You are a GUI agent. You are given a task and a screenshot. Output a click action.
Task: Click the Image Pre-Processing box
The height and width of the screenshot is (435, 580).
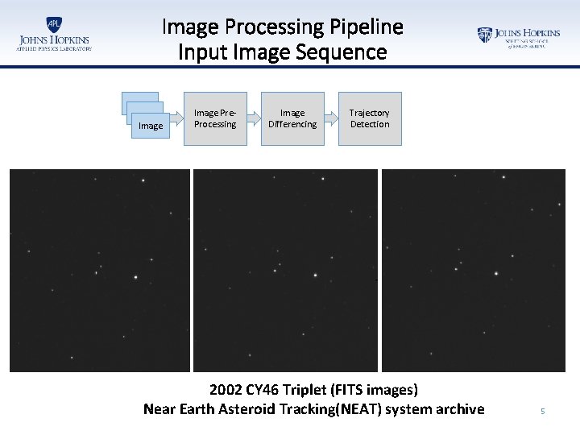tap(215, 119)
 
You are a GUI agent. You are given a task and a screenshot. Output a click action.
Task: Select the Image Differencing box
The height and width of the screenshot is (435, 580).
tap(292, 119)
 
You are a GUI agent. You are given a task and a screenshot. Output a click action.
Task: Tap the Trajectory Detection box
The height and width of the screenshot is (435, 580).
tap(370, 119)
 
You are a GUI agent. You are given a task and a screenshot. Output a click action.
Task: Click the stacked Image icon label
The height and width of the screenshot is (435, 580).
tap(151, 126)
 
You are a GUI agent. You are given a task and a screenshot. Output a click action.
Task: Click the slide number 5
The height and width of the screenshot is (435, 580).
tap(542, 412)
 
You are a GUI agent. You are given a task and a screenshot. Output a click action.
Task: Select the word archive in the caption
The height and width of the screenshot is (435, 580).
tap(458, 409)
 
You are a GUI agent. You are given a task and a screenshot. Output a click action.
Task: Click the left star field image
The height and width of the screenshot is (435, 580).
tap(100, 270)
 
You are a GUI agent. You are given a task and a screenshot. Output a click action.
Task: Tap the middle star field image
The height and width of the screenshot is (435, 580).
tap(285, 270)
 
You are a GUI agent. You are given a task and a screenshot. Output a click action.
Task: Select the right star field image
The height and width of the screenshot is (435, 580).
tap(474, 270)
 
